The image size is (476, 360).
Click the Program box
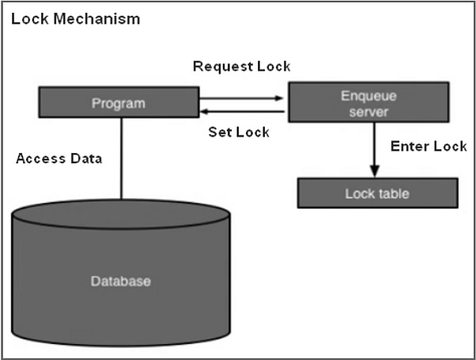click(120, 103)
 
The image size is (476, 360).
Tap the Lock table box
click(377, 193)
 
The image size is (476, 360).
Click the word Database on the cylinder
click(121, 281)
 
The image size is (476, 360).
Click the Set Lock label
click(238, 132)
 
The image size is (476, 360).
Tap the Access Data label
click(59, 158)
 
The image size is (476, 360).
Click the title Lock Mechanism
click(75, 18)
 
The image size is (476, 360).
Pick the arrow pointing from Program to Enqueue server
click(241, 99)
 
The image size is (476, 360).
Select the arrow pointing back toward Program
click(241, 113)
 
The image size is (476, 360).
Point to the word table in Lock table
click(393, 193)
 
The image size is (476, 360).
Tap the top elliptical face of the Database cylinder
click(121, 215)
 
